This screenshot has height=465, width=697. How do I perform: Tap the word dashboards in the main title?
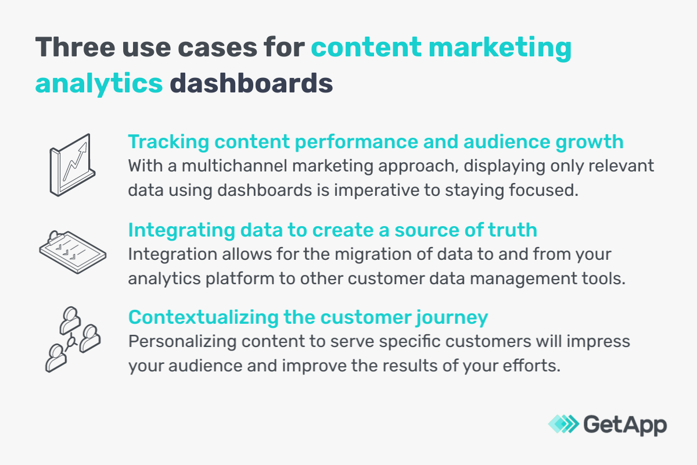tap(251, 83)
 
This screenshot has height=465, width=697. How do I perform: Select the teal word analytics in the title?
tap(99, 83)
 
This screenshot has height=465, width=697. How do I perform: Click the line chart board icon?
tap(70, 164)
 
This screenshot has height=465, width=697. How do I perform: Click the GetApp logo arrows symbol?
tap(563, 424)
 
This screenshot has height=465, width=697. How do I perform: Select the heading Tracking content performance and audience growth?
tap(376, 142)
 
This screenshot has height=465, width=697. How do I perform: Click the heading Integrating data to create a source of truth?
tap(332, 230)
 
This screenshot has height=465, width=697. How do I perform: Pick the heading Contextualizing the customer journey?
tap(308, 317)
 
